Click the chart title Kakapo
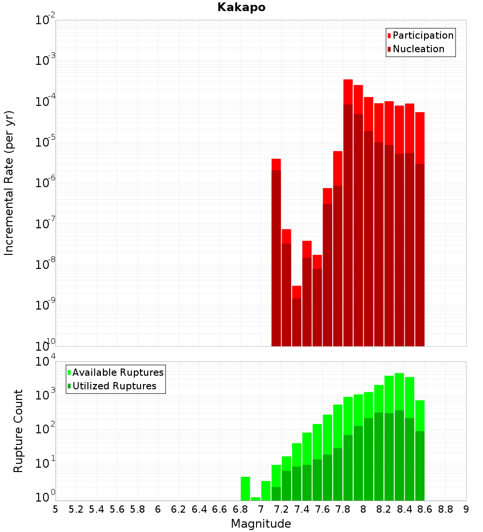(241, 7)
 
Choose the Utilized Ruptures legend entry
(114, 386)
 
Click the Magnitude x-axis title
(261, 524)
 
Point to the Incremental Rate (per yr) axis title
(9, 183)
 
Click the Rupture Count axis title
(18, 430)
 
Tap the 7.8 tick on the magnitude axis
(343, 509)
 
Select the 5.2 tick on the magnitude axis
(76, 509)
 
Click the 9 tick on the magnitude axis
(466, 509)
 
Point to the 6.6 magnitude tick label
(220, 509)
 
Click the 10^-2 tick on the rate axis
(45, 20)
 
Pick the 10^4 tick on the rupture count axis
(45, 362)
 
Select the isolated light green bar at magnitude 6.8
(245, 488)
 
